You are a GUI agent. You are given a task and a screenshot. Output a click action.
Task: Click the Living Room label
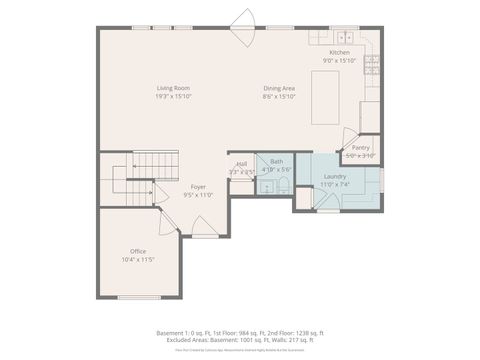(173, 88)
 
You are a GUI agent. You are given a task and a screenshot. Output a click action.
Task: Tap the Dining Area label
(279, 88)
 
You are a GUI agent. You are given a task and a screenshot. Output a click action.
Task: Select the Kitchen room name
(340, 52)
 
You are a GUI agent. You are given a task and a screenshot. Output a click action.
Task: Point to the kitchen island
(326, 97)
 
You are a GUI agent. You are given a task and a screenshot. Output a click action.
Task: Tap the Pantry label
(360, 147)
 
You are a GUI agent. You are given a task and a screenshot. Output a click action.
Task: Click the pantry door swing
(349, 136)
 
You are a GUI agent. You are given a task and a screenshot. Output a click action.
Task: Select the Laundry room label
(334, 176)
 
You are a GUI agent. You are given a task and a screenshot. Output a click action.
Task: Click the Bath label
(275, 161)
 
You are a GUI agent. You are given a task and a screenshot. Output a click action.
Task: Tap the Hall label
(241, 164)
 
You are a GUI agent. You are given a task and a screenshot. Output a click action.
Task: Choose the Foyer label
(198, 187)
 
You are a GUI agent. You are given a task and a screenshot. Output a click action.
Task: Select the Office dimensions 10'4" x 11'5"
(138, 258)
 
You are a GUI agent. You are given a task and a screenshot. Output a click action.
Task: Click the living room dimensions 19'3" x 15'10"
(173, 96)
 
